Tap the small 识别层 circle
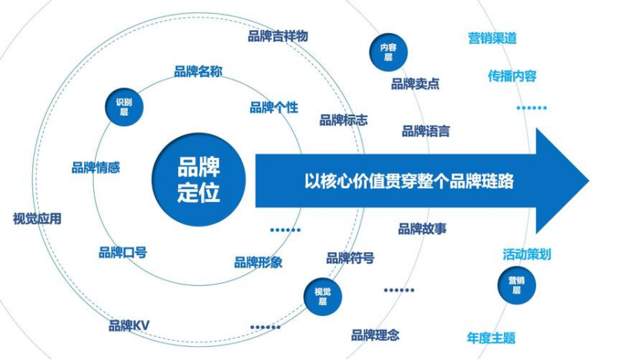(123, 106)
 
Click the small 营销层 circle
(516, 285)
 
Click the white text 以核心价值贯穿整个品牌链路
(398, 182)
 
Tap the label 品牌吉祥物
(277, 36)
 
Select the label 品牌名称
(198, 72)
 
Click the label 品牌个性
(274, 107)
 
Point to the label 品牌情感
(96, 167)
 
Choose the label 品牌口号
(122, 252)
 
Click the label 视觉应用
(37, 219)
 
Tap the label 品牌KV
(129, 325)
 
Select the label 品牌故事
(422, 229)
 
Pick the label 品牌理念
(375, 335)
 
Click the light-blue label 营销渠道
(492, 38)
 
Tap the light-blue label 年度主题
(491, 338)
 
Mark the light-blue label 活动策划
(526, 254)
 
